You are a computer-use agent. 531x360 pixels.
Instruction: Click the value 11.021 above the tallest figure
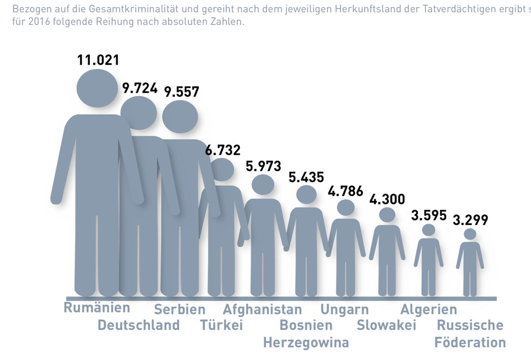click(x=98, y=60)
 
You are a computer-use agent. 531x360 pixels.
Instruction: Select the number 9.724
click(x=140, y=88)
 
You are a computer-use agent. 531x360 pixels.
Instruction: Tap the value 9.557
click(x=181, y=92)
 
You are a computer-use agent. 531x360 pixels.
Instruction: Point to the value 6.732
click(x=223, y=150)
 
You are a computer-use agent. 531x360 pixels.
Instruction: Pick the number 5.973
click(x=264, y=166)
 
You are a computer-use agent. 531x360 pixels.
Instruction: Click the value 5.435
click(x=306, y=177)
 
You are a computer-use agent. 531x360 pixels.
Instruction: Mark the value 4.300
click(x=387, y=199)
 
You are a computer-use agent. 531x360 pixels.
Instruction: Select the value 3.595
click(x=429, y=216)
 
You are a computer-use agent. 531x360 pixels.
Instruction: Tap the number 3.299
click(x=470, y=219)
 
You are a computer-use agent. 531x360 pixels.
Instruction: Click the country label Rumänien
click(x=97, y=307)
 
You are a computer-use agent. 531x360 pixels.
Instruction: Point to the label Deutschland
click(x=139, y=326)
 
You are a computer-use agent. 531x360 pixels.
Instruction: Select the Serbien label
click(x=180, y=309)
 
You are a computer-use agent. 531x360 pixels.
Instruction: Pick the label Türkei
click(x=222, y=326)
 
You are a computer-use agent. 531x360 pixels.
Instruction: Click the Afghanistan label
click(x=262, y=309)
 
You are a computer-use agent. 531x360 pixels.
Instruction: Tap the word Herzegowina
click(x=306, y=342)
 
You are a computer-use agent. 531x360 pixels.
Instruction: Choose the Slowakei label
click(x=387, y=326)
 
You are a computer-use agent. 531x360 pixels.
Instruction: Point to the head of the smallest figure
click(x=470, y=234)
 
